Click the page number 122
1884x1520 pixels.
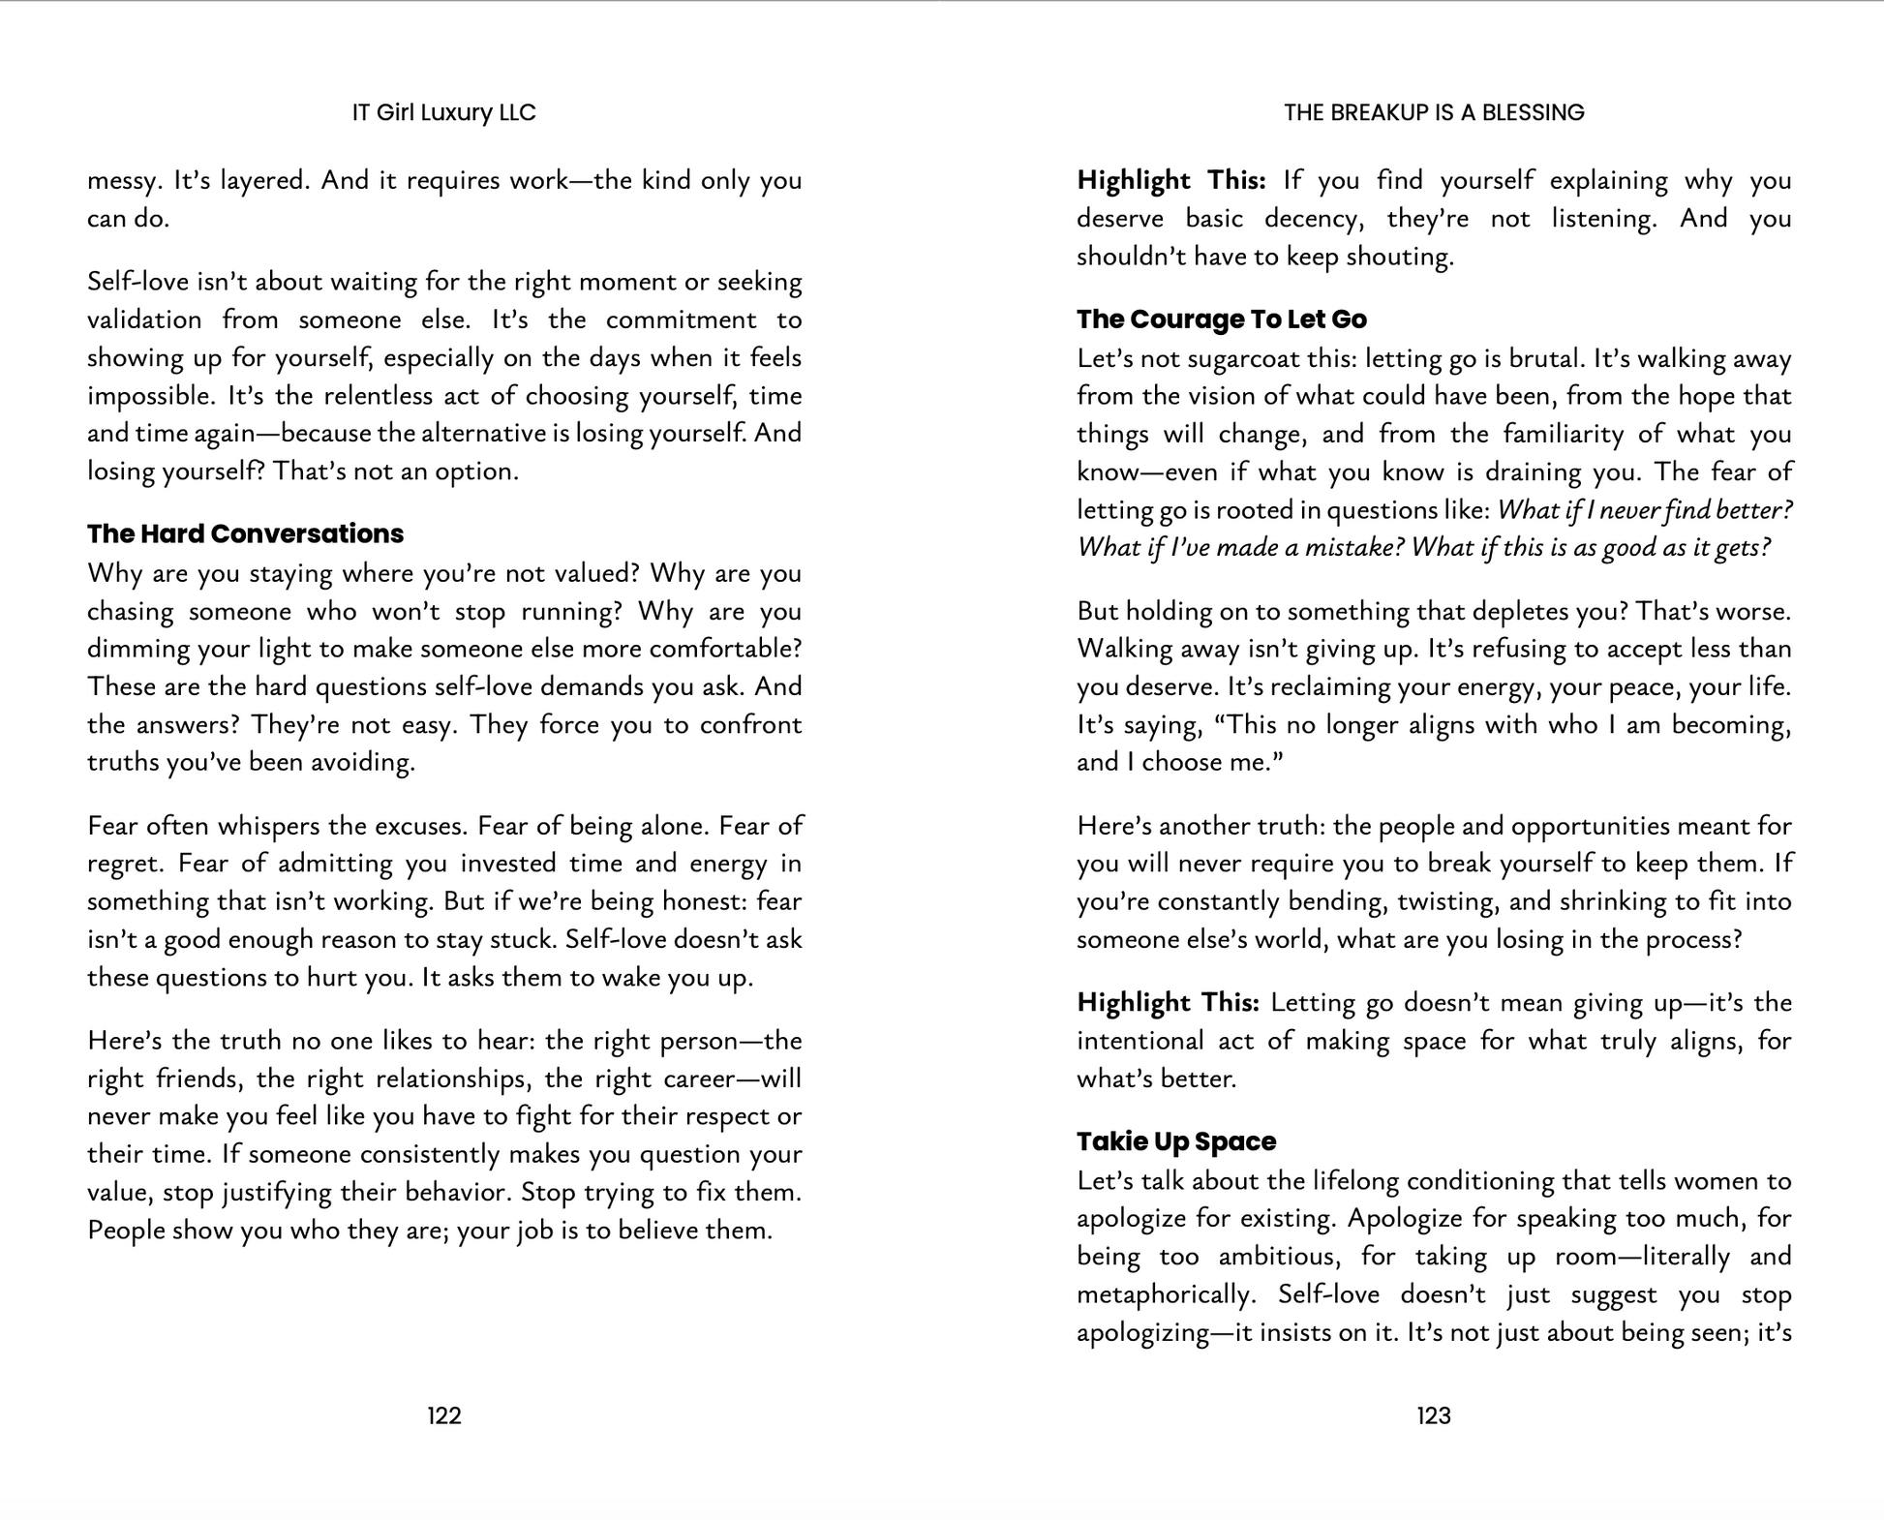point(443,1416)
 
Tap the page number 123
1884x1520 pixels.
point(1434,1416)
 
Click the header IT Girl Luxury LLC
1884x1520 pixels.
point(443,113)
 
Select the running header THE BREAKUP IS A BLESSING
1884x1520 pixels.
point(1434,113)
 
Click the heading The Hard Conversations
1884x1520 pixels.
point(245,534)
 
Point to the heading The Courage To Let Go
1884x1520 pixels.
point(1222,319)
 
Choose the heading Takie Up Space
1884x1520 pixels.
point(1176,1142)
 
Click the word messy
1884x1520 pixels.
point(121,182)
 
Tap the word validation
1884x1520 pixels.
point(144,320)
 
